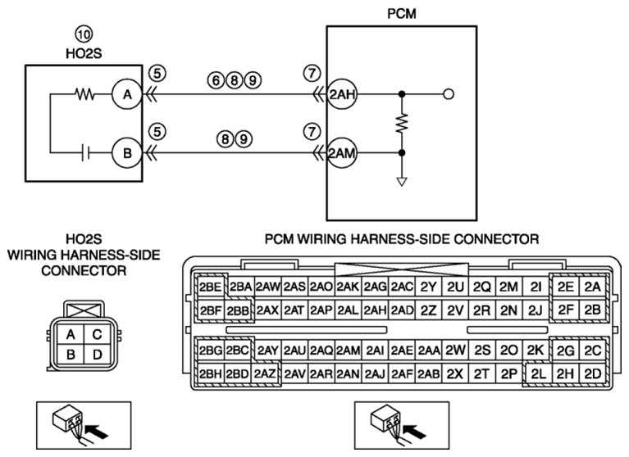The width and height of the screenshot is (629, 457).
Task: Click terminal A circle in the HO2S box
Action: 127,94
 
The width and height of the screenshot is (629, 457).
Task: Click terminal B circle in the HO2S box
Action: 127,153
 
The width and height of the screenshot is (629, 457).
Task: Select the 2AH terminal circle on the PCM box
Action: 342,94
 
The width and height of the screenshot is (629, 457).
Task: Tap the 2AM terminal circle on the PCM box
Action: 342,153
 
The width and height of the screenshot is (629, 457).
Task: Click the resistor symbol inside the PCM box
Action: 402,124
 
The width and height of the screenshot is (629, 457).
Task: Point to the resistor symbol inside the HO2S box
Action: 84,94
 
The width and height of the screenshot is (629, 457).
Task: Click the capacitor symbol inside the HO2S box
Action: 85,153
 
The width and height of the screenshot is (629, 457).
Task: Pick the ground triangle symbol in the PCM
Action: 402,182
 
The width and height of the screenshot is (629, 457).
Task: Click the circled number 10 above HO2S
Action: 84,34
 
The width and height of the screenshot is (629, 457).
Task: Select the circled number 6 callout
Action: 216,80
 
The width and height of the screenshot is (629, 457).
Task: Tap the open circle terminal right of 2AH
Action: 449,94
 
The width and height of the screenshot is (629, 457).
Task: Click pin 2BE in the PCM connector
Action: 210,287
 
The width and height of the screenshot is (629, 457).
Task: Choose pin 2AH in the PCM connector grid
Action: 375,310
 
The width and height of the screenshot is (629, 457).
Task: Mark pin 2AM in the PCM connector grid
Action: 348,351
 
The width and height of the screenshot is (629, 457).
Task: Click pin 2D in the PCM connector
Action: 592,373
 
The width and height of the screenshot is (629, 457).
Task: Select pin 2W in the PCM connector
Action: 455,351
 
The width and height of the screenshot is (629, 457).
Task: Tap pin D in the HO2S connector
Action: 97,355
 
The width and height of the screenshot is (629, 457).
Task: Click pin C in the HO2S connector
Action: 97,334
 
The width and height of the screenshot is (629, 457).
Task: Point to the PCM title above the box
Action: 402,14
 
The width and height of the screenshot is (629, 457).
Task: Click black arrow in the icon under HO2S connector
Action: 98,432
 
